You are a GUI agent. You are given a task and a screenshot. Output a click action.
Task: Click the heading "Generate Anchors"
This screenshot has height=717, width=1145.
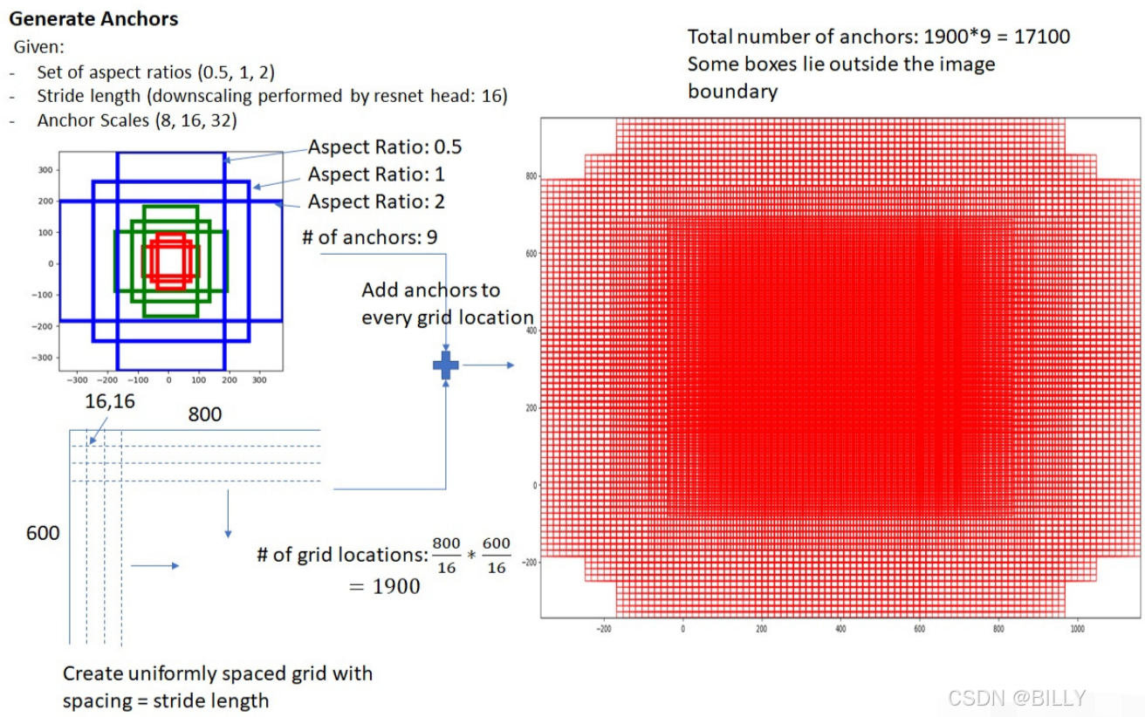93,18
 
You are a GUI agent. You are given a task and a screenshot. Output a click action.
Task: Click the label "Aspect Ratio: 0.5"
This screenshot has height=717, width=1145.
385,147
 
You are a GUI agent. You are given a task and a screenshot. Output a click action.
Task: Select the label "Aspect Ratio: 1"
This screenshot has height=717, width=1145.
376,174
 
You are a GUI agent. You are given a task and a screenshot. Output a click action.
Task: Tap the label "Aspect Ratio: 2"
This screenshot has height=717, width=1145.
376,201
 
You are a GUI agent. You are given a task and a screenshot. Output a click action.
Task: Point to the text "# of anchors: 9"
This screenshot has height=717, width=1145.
370,236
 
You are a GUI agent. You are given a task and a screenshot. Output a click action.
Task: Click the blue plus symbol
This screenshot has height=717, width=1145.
446,365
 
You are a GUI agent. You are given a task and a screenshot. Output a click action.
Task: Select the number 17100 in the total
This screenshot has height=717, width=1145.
1039,37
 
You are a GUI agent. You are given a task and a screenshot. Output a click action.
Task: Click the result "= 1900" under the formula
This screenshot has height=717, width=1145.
384,586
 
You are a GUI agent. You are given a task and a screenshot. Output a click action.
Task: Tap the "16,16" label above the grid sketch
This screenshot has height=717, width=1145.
110,401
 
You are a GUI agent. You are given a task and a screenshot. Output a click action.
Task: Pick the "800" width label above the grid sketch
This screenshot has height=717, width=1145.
205,414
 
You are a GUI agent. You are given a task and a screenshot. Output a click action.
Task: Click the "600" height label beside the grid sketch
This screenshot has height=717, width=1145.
43,532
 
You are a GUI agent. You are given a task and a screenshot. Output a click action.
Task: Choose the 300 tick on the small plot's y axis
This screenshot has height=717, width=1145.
44,169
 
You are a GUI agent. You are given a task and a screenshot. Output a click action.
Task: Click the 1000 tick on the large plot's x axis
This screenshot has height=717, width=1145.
1077,628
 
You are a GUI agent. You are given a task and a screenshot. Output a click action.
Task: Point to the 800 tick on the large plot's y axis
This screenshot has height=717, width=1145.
530,176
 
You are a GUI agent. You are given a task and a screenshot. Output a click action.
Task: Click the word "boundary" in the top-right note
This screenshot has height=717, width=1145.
732,92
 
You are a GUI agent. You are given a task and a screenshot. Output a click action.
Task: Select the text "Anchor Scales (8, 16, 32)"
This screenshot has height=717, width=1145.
136,120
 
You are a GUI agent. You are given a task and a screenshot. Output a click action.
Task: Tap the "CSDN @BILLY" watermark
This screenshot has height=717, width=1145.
1017,698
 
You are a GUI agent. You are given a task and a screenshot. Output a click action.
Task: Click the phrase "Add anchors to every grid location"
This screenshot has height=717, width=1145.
447,304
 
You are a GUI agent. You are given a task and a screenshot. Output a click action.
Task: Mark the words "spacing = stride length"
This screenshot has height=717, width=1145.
166,700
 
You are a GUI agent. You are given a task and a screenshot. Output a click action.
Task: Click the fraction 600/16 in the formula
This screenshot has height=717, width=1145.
497,556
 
